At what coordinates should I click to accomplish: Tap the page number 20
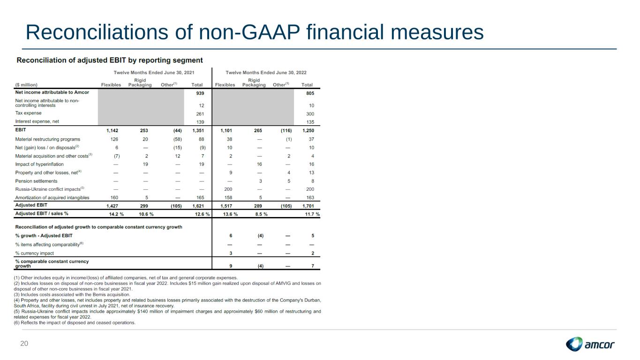tap(24, 344)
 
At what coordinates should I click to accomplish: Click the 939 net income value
tap(200, 93)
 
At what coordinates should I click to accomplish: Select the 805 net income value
tap(309, 93)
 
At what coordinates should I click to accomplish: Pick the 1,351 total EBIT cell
tap(197, 130)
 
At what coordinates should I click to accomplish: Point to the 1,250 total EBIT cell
tap(308, 130)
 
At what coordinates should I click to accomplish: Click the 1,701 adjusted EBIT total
tap(308, 206)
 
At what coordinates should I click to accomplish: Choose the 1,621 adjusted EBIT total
tap(197, 206)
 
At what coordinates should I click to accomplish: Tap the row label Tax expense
tap(28, 113)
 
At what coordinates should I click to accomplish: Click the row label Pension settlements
tap(36, 181)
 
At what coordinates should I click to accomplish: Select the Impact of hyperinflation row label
tap(39, 164)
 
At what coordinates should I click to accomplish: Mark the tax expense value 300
tap(310, 114)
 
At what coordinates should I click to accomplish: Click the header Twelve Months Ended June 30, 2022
tap(266, 73)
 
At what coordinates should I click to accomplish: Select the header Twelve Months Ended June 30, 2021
tap(154, 73)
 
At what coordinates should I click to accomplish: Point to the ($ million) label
tap(26, 85)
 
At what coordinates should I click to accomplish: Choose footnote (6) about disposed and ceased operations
tap(75, 322)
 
